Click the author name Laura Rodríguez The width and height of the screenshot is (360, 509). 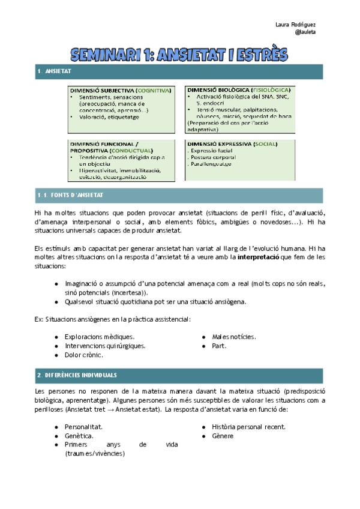(296, 24)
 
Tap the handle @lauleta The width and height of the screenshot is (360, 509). (306, 32)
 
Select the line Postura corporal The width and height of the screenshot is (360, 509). (211, 157)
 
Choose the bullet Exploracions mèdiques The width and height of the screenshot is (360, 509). (100, 337)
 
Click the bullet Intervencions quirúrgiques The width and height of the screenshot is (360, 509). (105, 346)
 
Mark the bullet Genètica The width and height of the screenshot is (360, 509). (79, 436)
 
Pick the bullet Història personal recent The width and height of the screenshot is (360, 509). (248, 427)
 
